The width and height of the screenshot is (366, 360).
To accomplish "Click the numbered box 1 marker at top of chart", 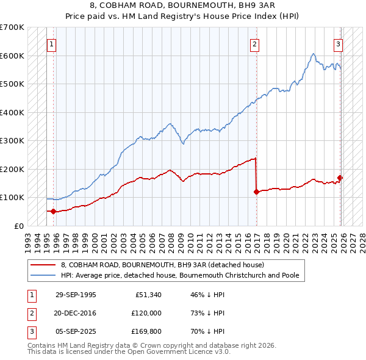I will tap(52, 44).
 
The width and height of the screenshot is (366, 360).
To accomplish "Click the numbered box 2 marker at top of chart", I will tap(254, 44).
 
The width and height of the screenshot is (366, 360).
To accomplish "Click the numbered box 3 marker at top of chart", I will tap(337, 44).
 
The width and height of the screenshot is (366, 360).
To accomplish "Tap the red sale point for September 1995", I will tap(54, 212).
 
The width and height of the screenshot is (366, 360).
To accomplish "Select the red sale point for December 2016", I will tap(256, 192).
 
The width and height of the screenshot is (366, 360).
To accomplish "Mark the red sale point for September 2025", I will tap(340, 178).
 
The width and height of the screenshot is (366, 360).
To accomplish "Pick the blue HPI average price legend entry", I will tap(179, 275).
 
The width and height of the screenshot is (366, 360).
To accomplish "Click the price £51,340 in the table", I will tap(148, 294).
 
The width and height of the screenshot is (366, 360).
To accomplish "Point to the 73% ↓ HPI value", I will tap(208, 313).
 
